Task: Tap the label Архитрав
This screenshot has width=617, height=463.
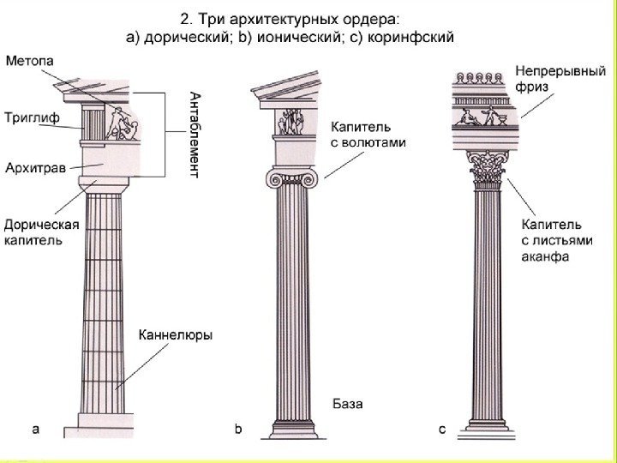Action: (35, 168)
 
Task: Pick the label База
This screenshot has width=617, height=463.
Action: (348, 403)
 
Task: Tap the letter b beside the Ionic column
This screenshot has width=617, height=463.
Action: (240, 428)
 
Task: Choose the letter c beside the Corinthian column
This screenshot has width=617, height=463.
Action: (442, 428)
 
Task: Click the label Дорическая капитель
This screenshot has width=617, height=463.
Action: (41, 232)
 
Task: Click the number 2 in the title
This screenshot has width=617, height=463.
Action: (183, 17)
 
